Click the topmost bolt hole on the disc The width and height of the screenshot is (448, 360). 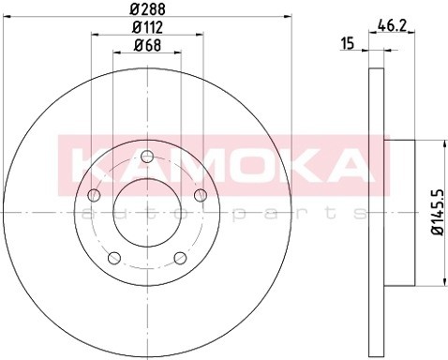point(147,157)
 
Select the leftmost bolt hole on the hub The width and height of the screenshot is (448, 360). point(93,195)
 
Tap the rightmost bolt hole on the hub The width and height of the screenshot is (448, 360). point(201,195)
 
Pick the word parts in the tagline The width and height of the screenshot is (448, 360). point(281,214)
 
